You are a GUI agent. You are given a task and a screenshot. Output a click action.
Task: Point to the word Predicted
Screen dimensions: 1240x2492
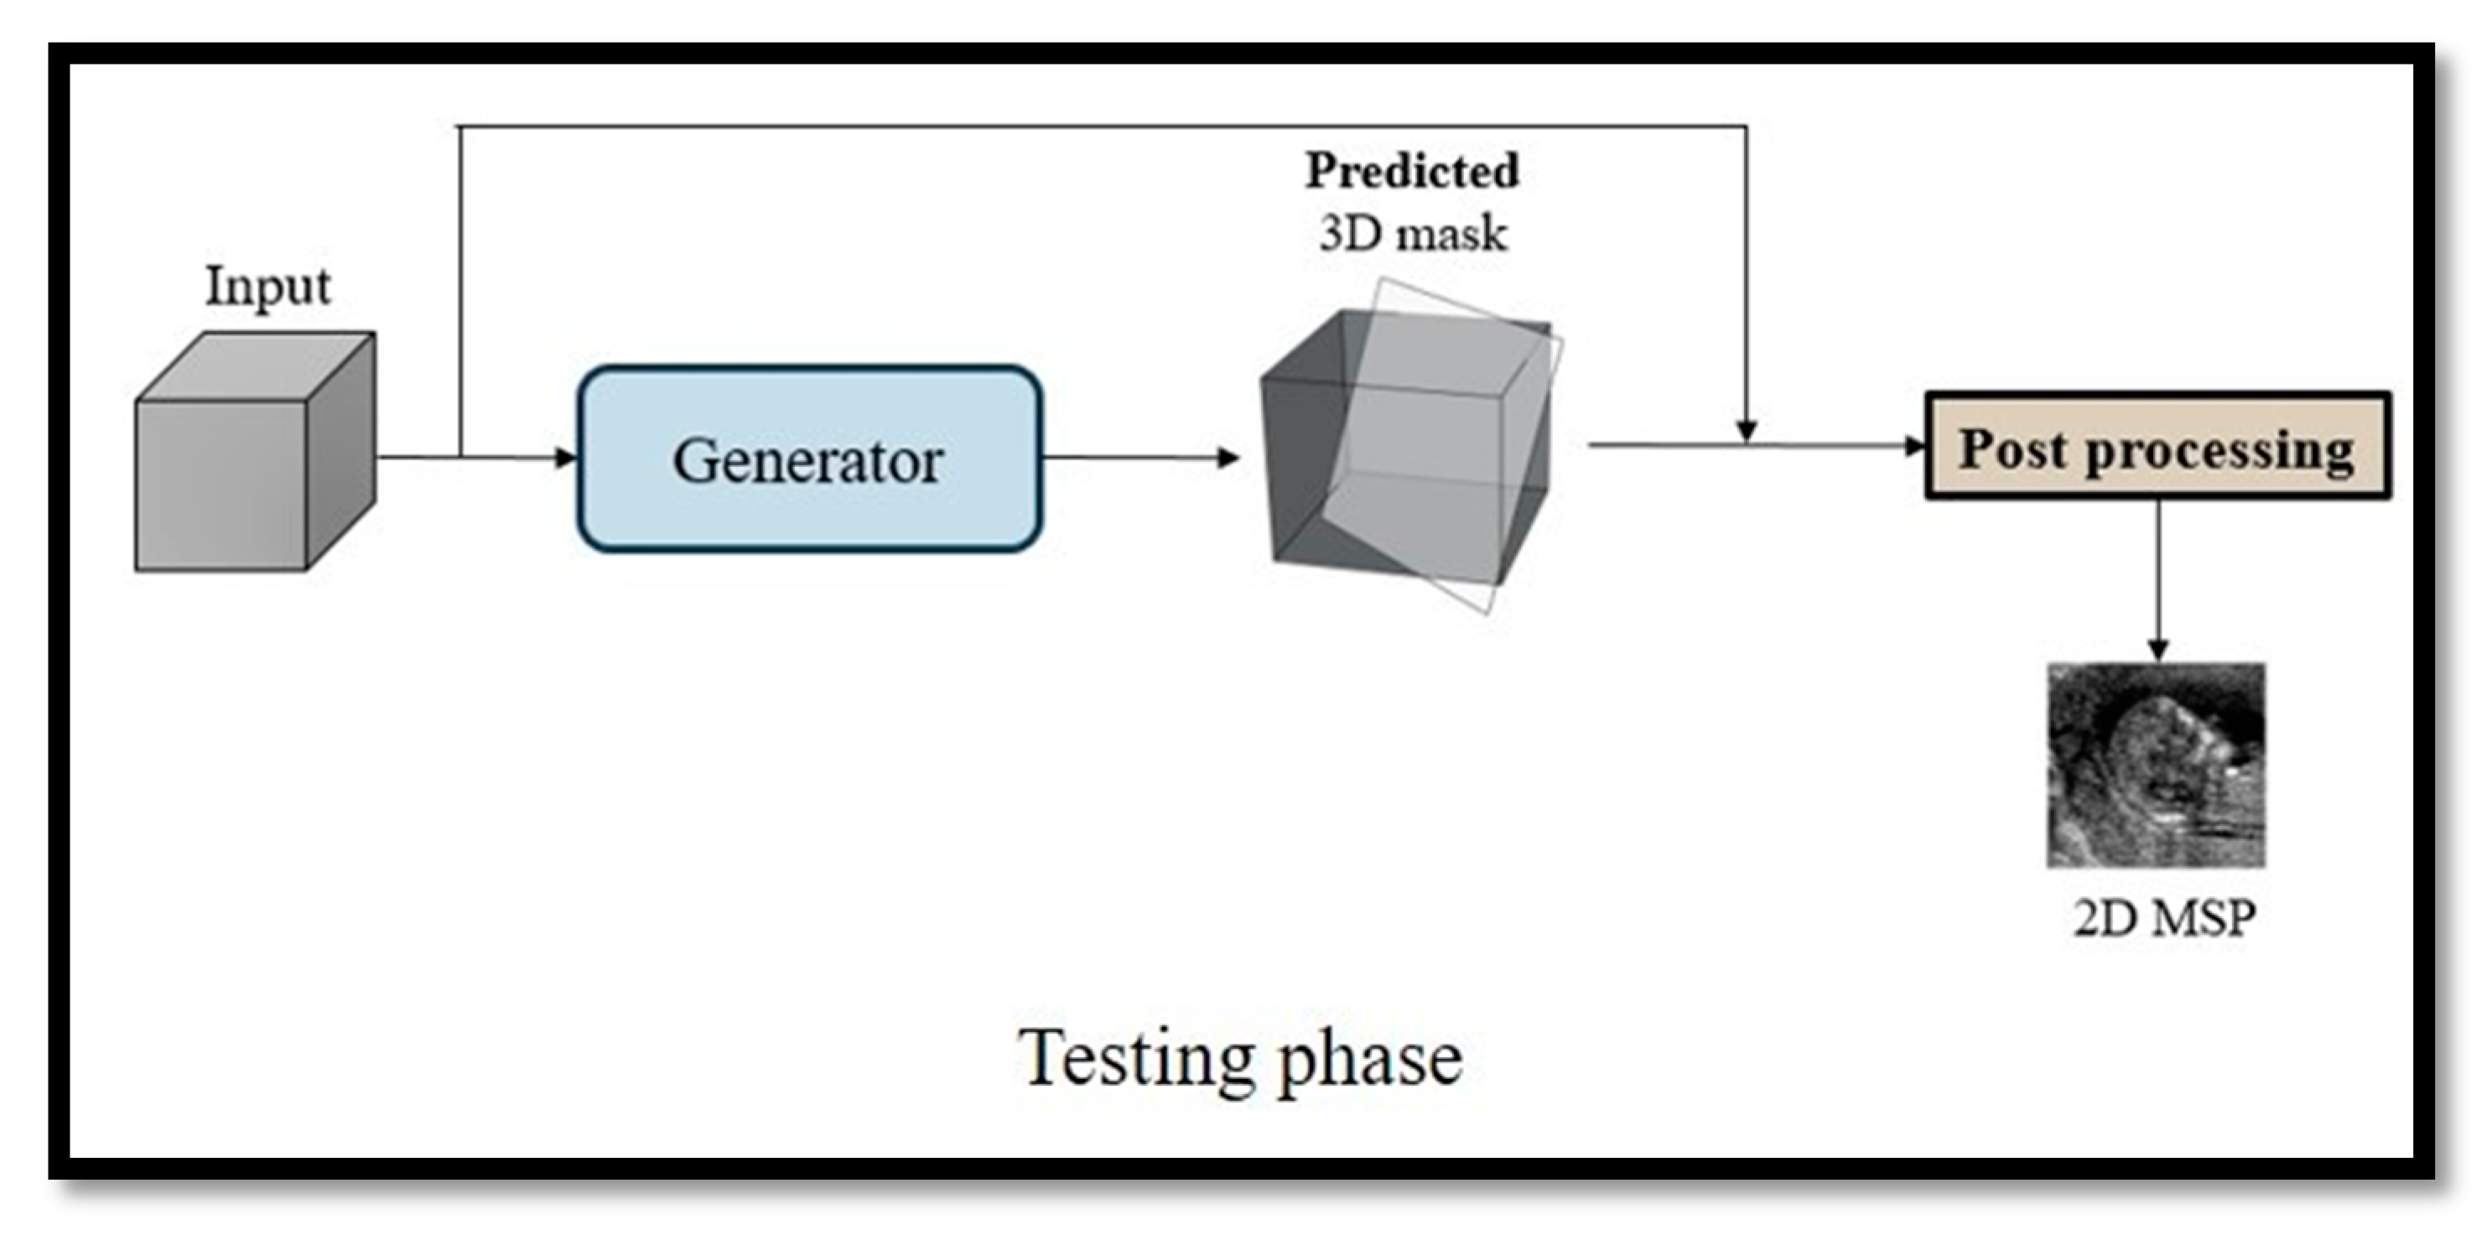(1412, 171)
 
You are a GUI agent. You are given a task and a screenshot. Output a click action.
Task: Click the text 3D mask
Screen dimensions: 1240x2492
(1412, 234)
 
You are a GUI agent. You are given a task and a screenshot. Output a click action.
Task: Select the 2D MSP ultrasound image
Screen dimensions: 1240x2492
(2157, 764)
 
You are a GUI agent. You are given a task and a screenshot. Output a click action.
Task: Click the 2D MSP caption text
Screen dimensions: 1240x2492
(2164, 918)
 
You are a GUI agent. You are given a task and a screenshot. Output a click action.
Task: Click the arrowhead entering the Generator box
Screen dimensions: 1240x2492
(566, 458)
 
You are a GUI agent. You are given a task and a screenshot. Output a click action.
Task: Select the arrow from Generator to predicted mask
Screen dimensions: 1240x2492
(1141, 458)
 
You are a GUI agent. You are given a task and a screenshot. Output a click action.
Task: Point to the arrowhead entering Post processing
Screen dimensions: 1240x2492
(1914, 446)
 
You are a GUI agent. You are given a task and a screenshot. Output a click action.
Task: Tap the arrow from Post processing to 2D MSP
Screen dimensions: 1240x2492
(2157, 580)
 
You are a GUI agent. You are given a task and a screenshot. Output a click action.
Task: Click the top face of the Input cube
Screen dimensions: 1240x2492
(256, 366)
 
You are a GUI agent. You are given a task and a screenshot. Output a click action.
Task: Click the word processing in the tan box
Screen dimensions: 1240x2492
(2219, 451)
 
